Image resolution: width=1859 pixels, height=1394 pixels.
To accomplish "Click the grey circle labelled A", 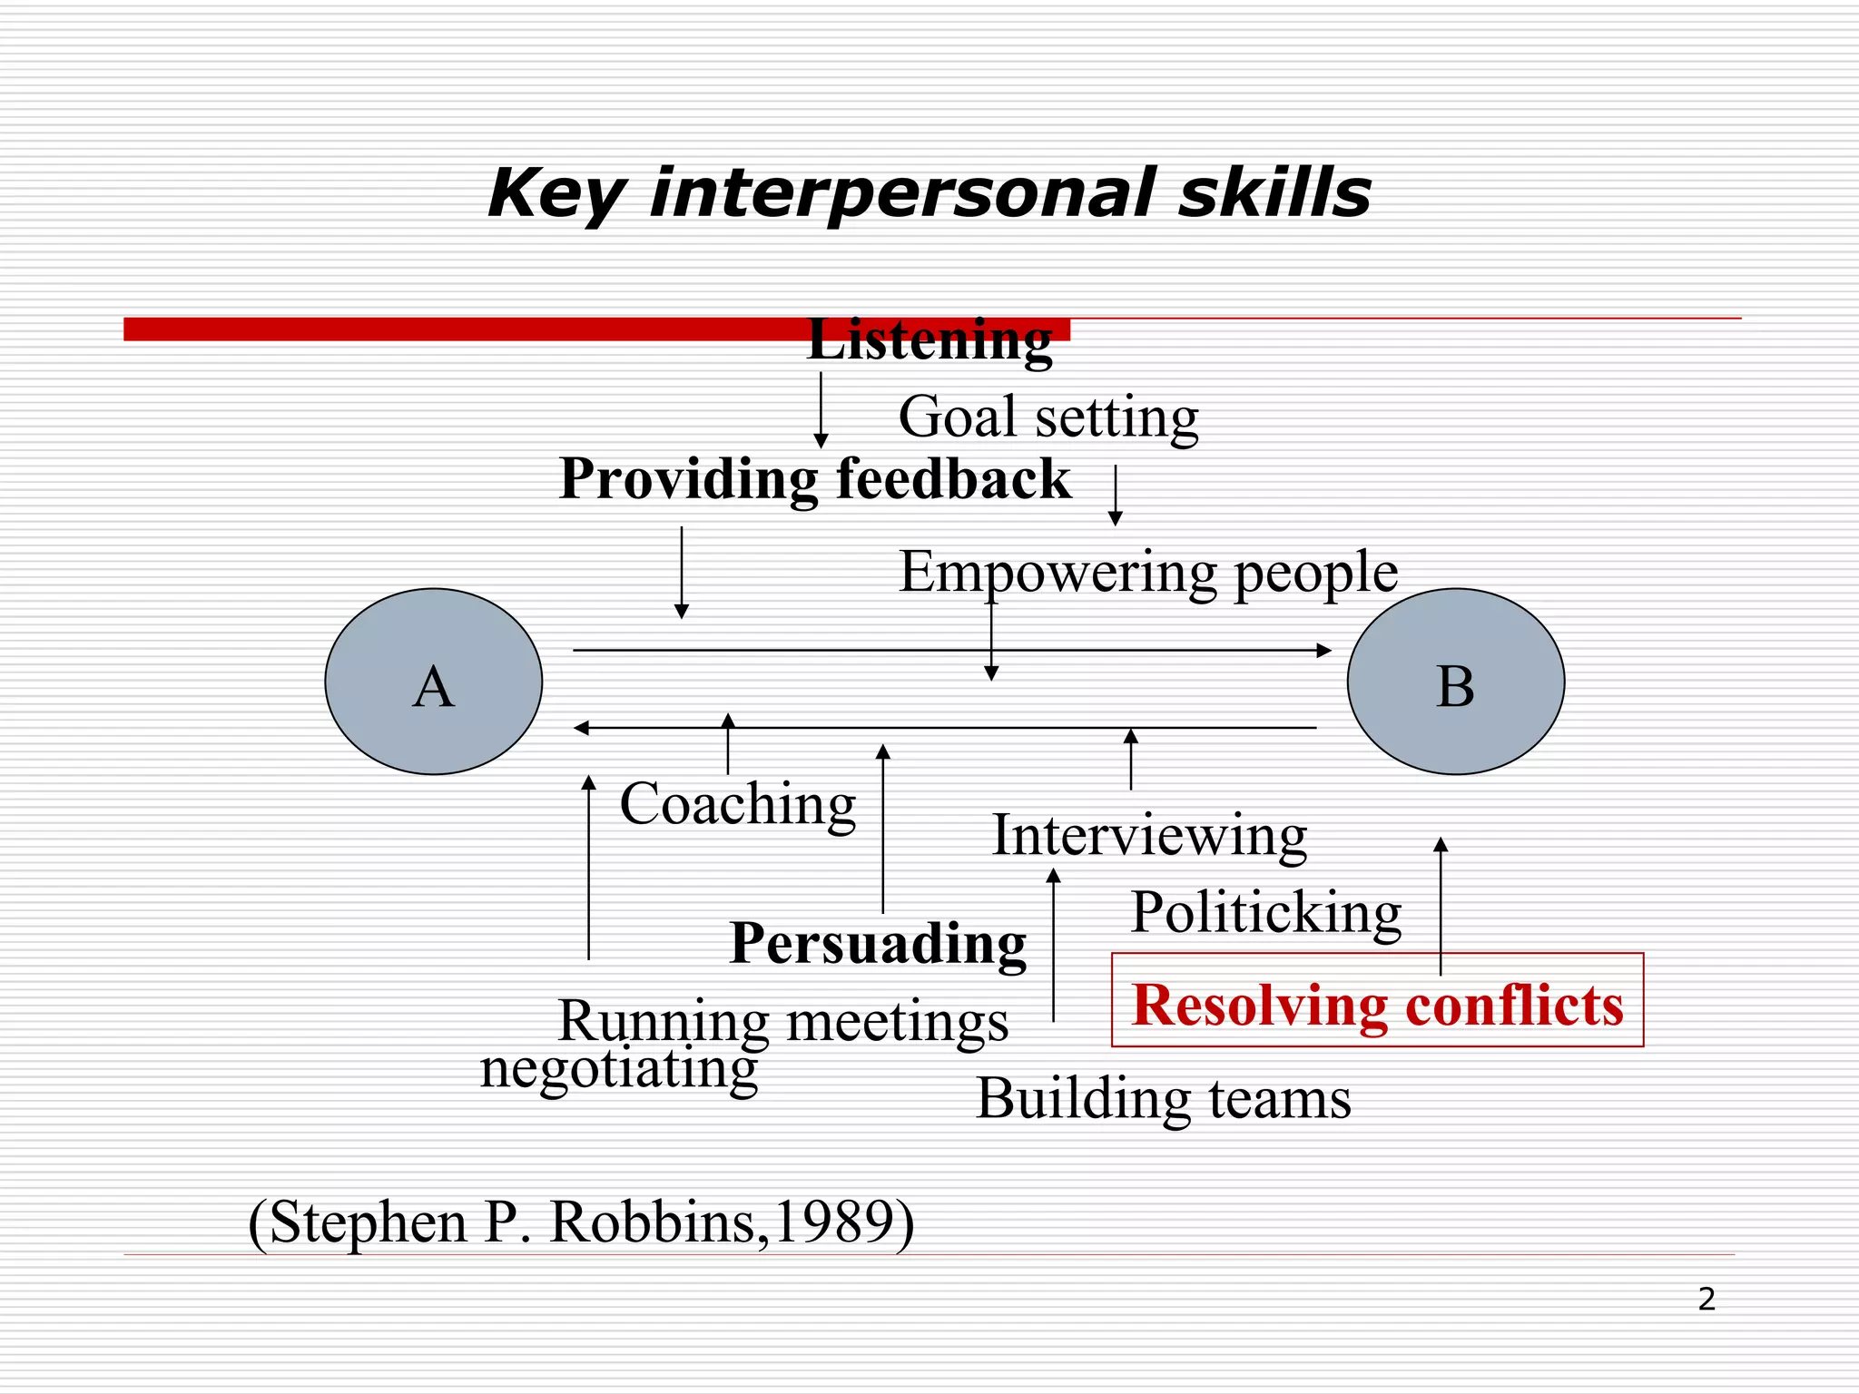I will tap(434, 682).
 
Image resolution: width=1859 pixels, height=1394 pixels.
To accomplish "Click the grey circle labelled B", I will tap(1456, 682).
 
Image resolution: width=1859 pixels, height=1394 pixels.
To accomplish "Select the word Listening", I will tap(929, 340).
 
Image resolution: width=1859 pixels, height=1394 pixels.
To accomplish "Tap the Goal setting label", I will tap(1048, 417).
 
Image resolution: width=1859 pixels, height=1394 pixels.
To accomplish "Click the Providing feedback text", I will tap(815, 479).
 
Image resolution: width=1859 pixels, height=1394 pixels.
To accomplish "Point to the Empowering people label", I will tap(1148, 572).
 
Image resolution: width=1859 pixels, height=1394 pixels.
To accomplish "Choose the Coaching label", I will tap(738, 804).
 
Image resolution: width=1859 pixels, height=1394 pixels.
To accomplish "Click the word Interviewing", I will tap(1149, 835).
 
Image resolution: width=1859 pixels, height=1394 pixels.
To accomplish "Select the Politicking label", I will tap(1266, 912).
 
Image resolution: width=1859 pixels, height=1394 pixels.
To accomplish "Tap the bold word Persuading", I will tap(878, 944).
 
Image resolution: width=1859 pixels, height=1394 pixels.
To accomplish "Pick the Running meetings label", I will tap(783, 1021).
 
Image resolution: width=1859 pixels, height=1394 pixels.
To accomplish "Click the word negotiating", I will tap(618, 1068).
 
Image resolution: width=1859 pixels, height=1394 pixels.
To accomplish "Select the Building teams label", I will tap(1164, 1099).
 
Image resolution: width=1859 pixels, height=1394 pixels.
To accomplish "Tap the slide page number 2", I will tap(1707, 1300).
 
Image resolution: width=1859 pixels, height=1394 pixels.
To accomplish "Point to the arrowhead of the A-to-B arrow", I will tap(1324, 650).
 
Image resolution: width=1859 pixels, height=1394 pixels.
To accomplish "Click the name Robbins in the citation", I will tap(652, 1222).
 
